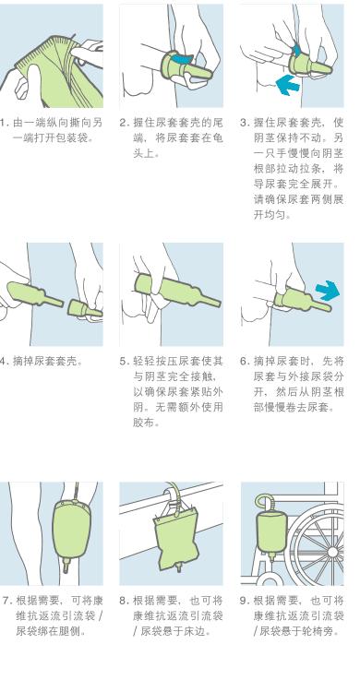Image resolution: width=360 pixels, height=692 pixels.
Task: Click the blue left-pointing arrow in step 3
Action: pyautogui.click(x=288, y=85)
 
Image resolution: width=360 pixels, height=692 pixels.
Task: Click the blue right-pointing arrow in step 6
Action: pyautogui.click(x=327, y=291)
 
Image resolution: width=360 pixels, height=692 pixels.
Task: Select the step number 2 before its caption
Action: pyautogui.click(x=124, y=122)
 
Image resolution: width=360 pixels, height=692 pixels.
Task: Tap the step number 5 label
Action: pyautogui.click(x=124, y=361)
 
